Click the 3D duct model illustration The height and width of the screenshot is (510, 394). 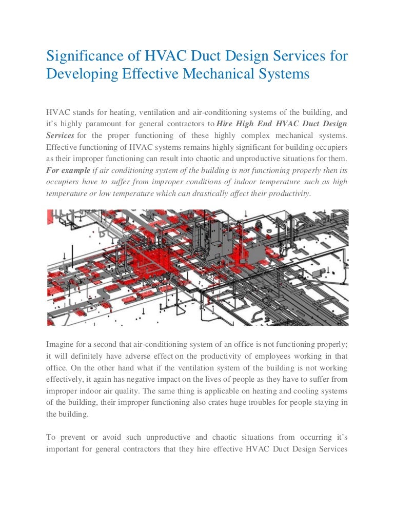(x=198, y=267)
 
